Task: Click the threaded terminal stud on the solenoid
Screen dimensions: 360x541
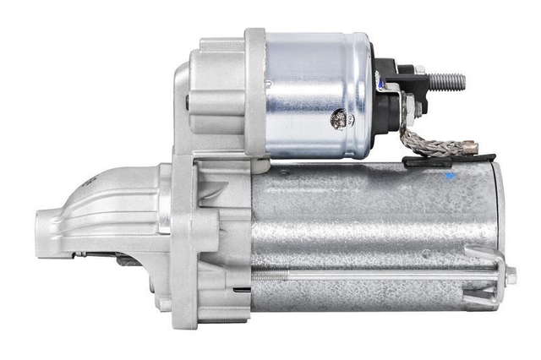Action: (x=445, y=82)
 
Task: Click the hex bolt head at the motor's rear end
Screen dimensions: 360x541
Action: (x=511, y=275)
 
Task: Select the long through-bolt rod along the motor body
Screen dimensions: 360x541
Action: (x=380, y=275)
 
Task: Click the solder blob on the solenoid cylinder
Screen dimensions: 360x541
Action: (x=338, y=119)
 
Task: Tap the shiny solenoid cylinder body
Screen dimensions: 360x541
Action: (x=317, y=93)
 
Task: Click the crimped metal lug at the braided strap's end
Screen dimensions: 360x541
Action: (x=467, y=148)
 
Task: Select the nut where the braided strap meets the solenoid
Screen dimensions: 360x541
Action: (x=408, y=107)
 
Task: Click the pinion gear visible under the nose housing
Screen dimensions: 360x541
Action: (x=127, y=259)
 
